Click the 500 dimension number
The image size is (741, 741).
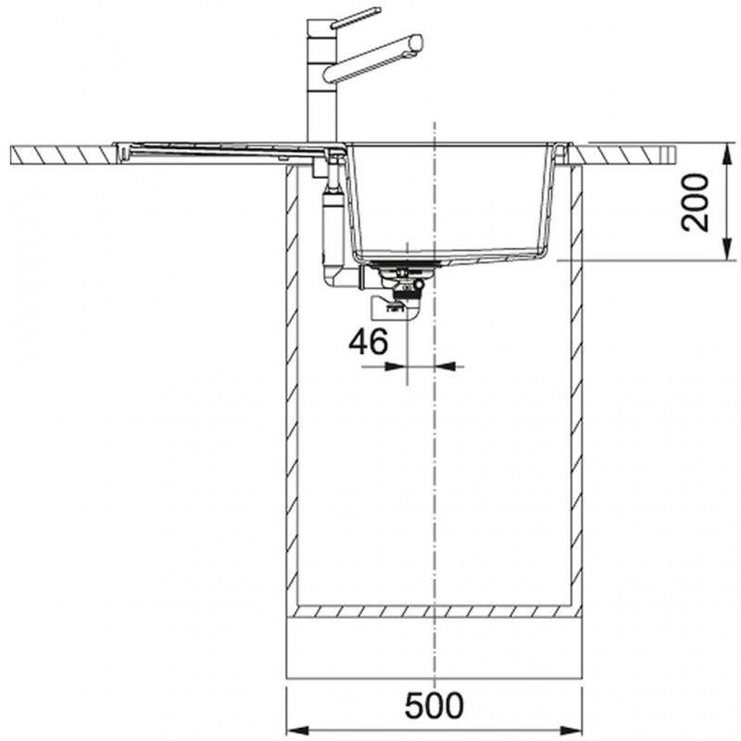pyautogui.click(x=434, y=705)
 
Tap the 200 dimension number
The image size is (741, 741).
pyautogui.click(x=696, y=202)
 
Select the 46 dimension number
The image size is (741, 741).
pyautogui.click(x=368, y=341)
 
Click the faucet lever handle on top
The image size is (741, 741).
pyautogui.click(x=356, y=18)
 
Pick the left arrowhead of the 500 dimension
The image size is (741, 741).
pyautogui.click(x=296, y=728)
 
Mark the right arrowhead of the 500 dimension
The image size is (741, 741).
pyautogui.click(x=571, y=728)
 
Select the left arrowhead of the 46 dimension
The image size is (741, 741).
pyautogui.click(x=397, y=366)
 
